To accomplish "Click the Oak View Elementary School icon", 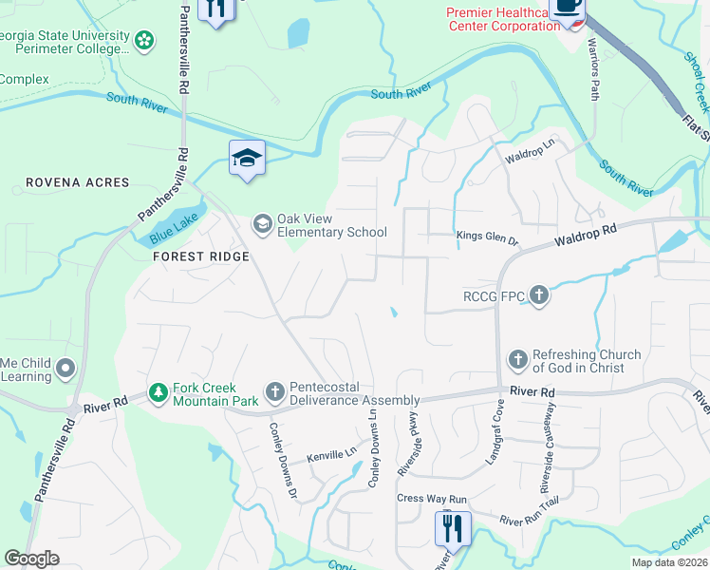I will (x=262, y=223).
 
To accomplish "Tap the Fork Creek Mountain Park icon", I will (x=159, y=391).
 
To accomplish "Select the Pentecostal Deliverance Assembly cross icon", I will (x=274, y=391).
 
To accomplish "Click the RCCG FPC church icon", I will (x=538, y=295).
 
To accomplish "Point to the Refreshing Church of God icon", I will (x=518, y=359).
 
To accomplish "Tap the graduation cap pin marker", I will (x=246, y=157).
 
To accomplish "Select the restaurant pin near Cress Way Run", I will (x=453, y=526).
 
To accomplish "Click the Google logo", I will (x=31, y=558).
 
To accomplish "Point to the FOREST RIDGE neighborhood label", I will (x=199, y=256).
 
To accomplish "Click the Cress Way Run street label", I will (x=433, y=499).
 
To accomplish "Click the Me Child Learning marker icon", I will (x=65, y=367).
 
